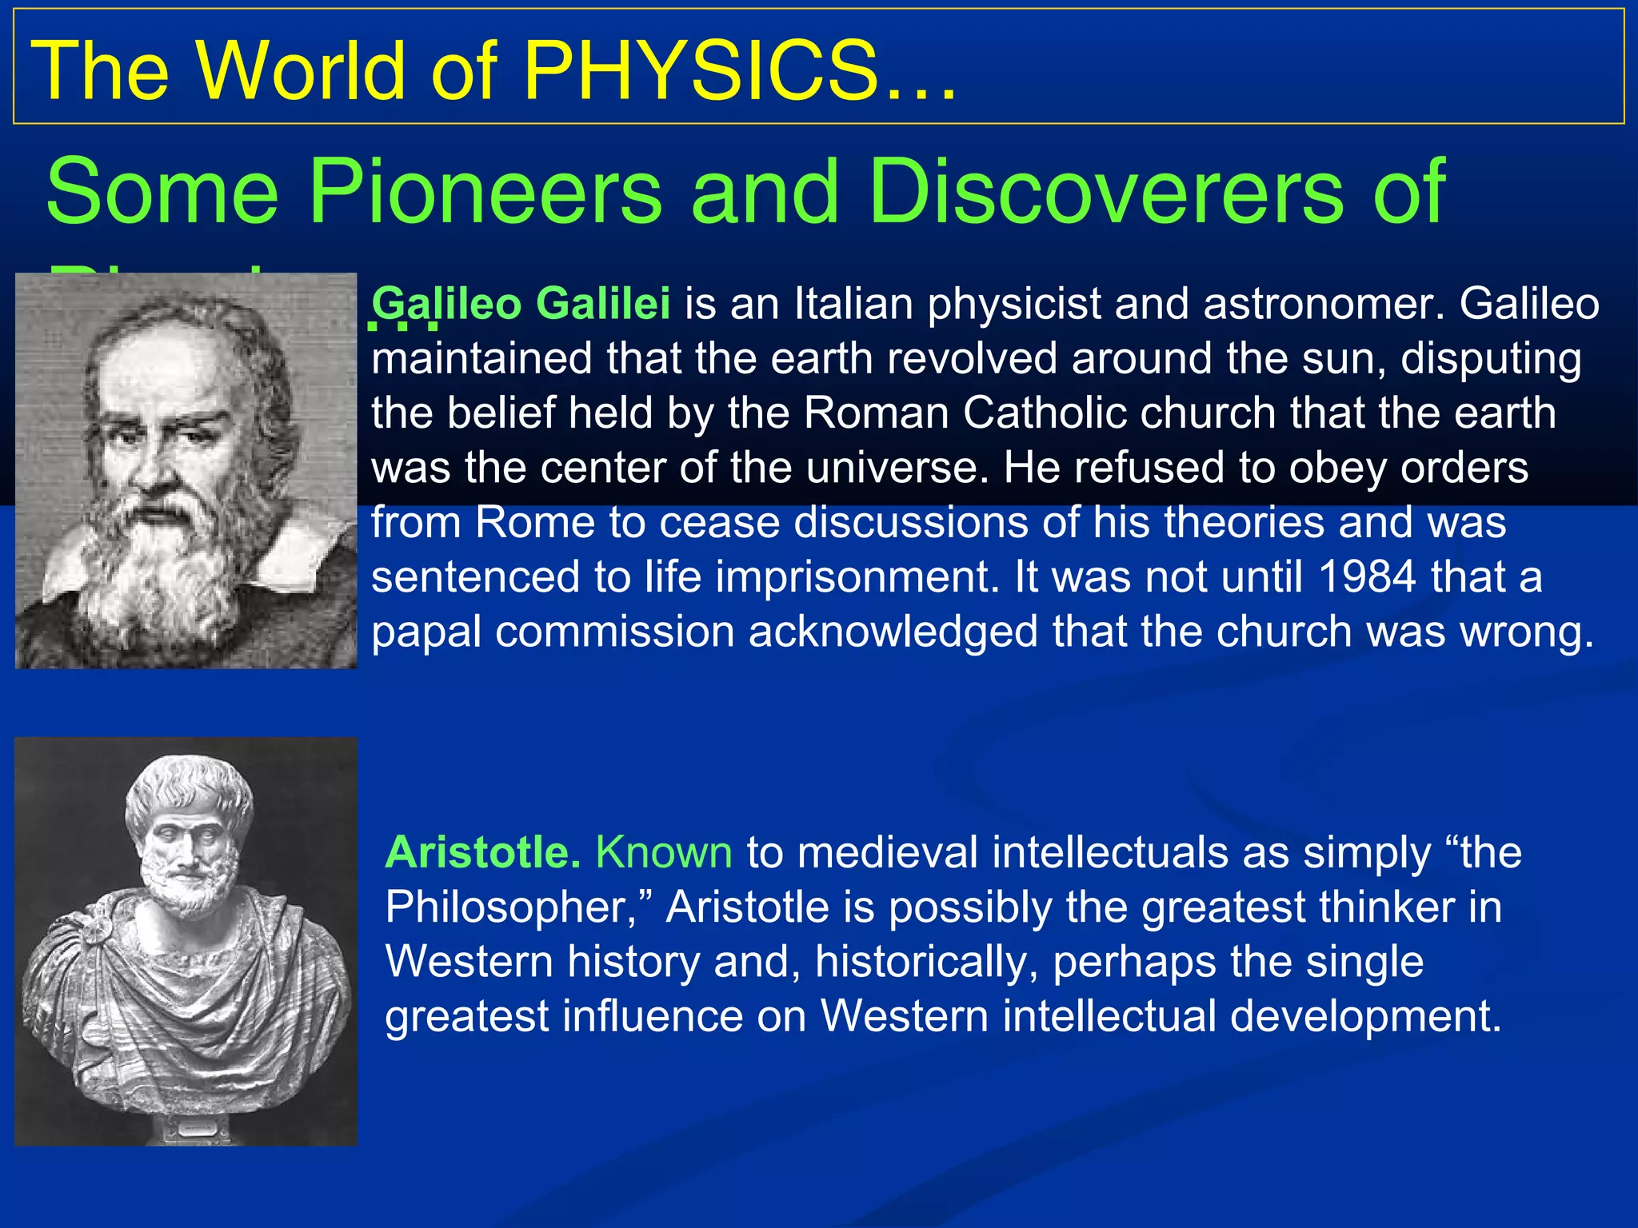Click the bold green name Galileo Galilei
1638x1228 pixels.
521,305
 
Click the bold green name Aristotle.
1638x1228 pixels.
482,852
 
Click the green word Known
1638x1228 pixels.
664,852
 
